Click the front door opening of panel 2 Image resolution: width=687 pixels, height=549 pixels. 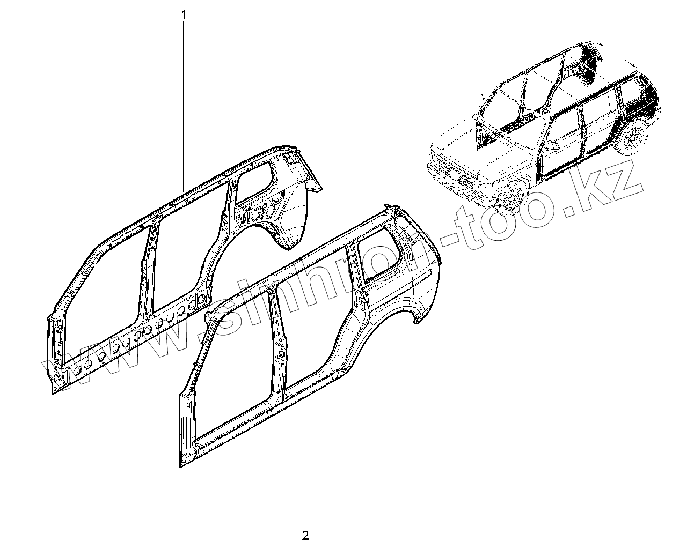click(236, 370)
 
